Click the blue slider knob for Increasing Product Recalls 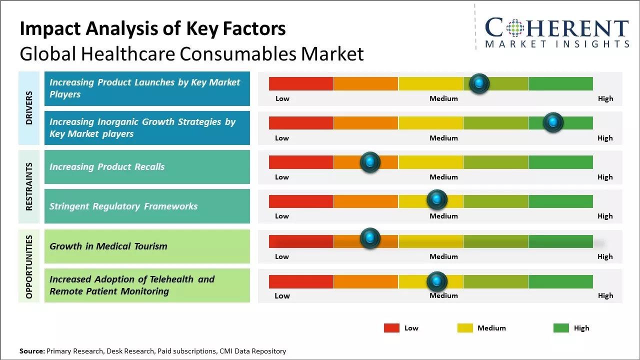click(370, 162)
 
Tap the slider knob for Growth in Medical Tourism click(370, 238)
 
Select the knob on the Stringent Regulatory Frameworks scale click(437, 200)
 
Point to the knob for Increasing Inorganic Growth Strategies click(553, 122)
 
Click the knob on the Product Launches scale click(479, 83)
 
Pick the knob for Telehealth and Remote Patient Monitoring click(437, 281)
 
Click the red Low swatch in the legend click(391, 328)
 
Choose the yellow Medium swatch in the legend click(465, 328)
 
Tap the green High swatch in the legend click(561, 328)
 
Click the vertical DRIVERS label click(29, 108)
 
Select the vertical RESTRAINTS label click(29, 186)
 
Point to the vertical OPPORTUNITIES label click(29, 267)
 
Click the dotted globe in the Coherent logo click(515, 28)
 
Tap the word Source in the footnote click(31, 351)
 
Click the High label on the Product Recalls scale click(605, 177)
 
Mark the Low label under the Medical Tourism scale click(282, 256)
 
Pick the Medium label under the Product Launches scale click(443, 98)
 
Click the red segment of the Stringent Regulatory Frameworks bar click(301, 201)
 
